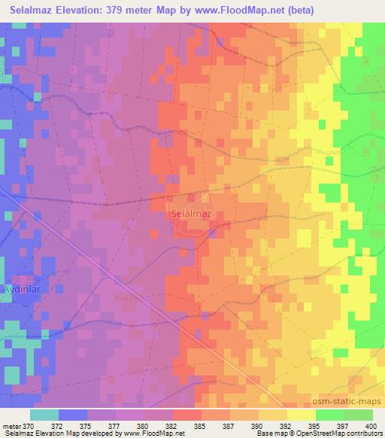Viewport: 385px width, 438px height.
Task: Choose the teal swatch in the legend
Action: [44, 415]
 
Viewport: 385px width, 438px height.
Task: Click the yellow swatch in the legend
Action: [302, 415]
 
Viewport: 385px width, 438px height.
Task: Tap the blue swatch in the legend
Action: [73, 415]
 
